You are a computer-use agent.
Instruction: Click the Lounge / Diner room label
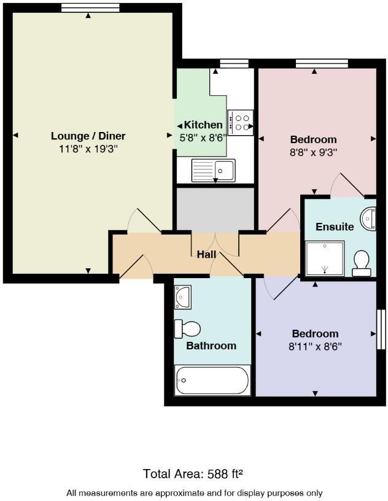[88, 136]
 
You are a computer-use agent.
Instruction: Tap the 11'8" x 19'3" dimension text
[88, 149]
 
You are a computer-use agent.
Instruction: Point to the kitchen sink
[213, 169]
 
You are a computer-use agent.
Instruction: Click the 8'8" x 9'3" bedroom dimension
[314, 152]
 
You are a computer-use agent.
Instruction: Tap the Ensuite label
[335, 227]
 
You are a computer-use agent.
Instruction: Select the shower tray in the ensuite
[325, 258]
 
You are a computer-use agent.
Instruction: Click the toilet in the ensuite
[360, 263]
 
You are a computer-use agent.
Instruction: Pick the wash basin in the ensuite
[368, 219]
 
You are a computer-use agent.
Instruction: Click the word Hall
[206, 254]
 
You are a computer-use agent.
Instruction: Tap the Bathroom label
[211, 346]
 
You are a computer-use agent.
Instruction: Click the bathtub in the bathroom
[212, 381]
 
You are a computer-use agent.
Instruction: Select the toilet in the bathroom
[188, 328]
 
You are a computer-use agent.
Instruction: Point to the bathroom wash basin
[183, 297]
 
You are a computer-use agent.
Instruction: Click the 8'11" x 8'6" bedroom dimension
[316, 346]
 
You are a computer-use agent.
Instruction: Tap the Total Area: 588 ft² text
[193, 473]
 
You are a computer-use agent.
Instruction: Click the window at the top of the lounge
[90, 7]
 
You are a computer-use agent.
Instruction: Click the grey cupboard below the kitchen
[215, 209]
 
